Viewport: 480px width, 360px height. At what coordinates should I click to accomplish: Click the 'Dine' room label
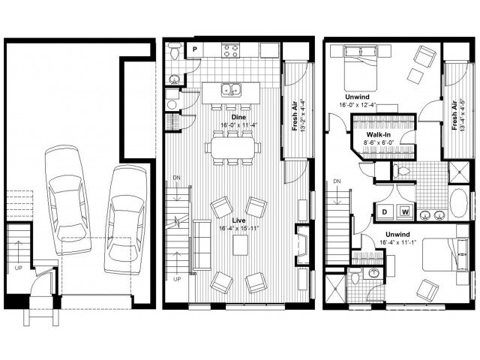(239, 118)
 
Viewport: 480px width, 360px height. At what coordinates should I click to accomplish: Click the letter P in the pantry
(193, 49)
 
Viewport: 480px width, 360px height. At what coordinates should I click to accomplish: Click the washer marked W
(405, 211)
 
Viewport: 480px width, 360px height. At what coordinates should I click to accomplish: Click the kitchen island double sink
(230, 89)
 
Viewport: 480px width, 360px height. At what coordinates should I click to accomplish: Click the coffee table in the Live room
(240, 244)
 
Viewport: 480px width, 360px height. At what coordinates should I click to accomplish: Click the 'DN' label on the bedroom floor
(337, 181)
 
